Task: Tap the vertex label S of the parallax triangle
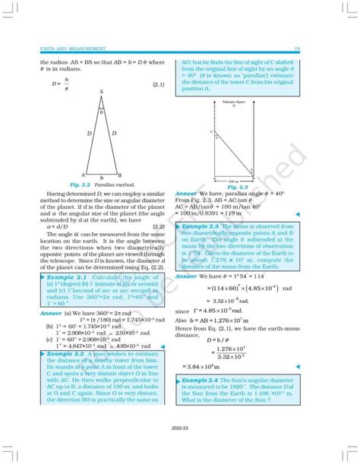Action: click(x=101, y=92)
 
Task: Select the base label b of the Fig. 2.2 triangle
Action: click(x=101, y=179)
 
